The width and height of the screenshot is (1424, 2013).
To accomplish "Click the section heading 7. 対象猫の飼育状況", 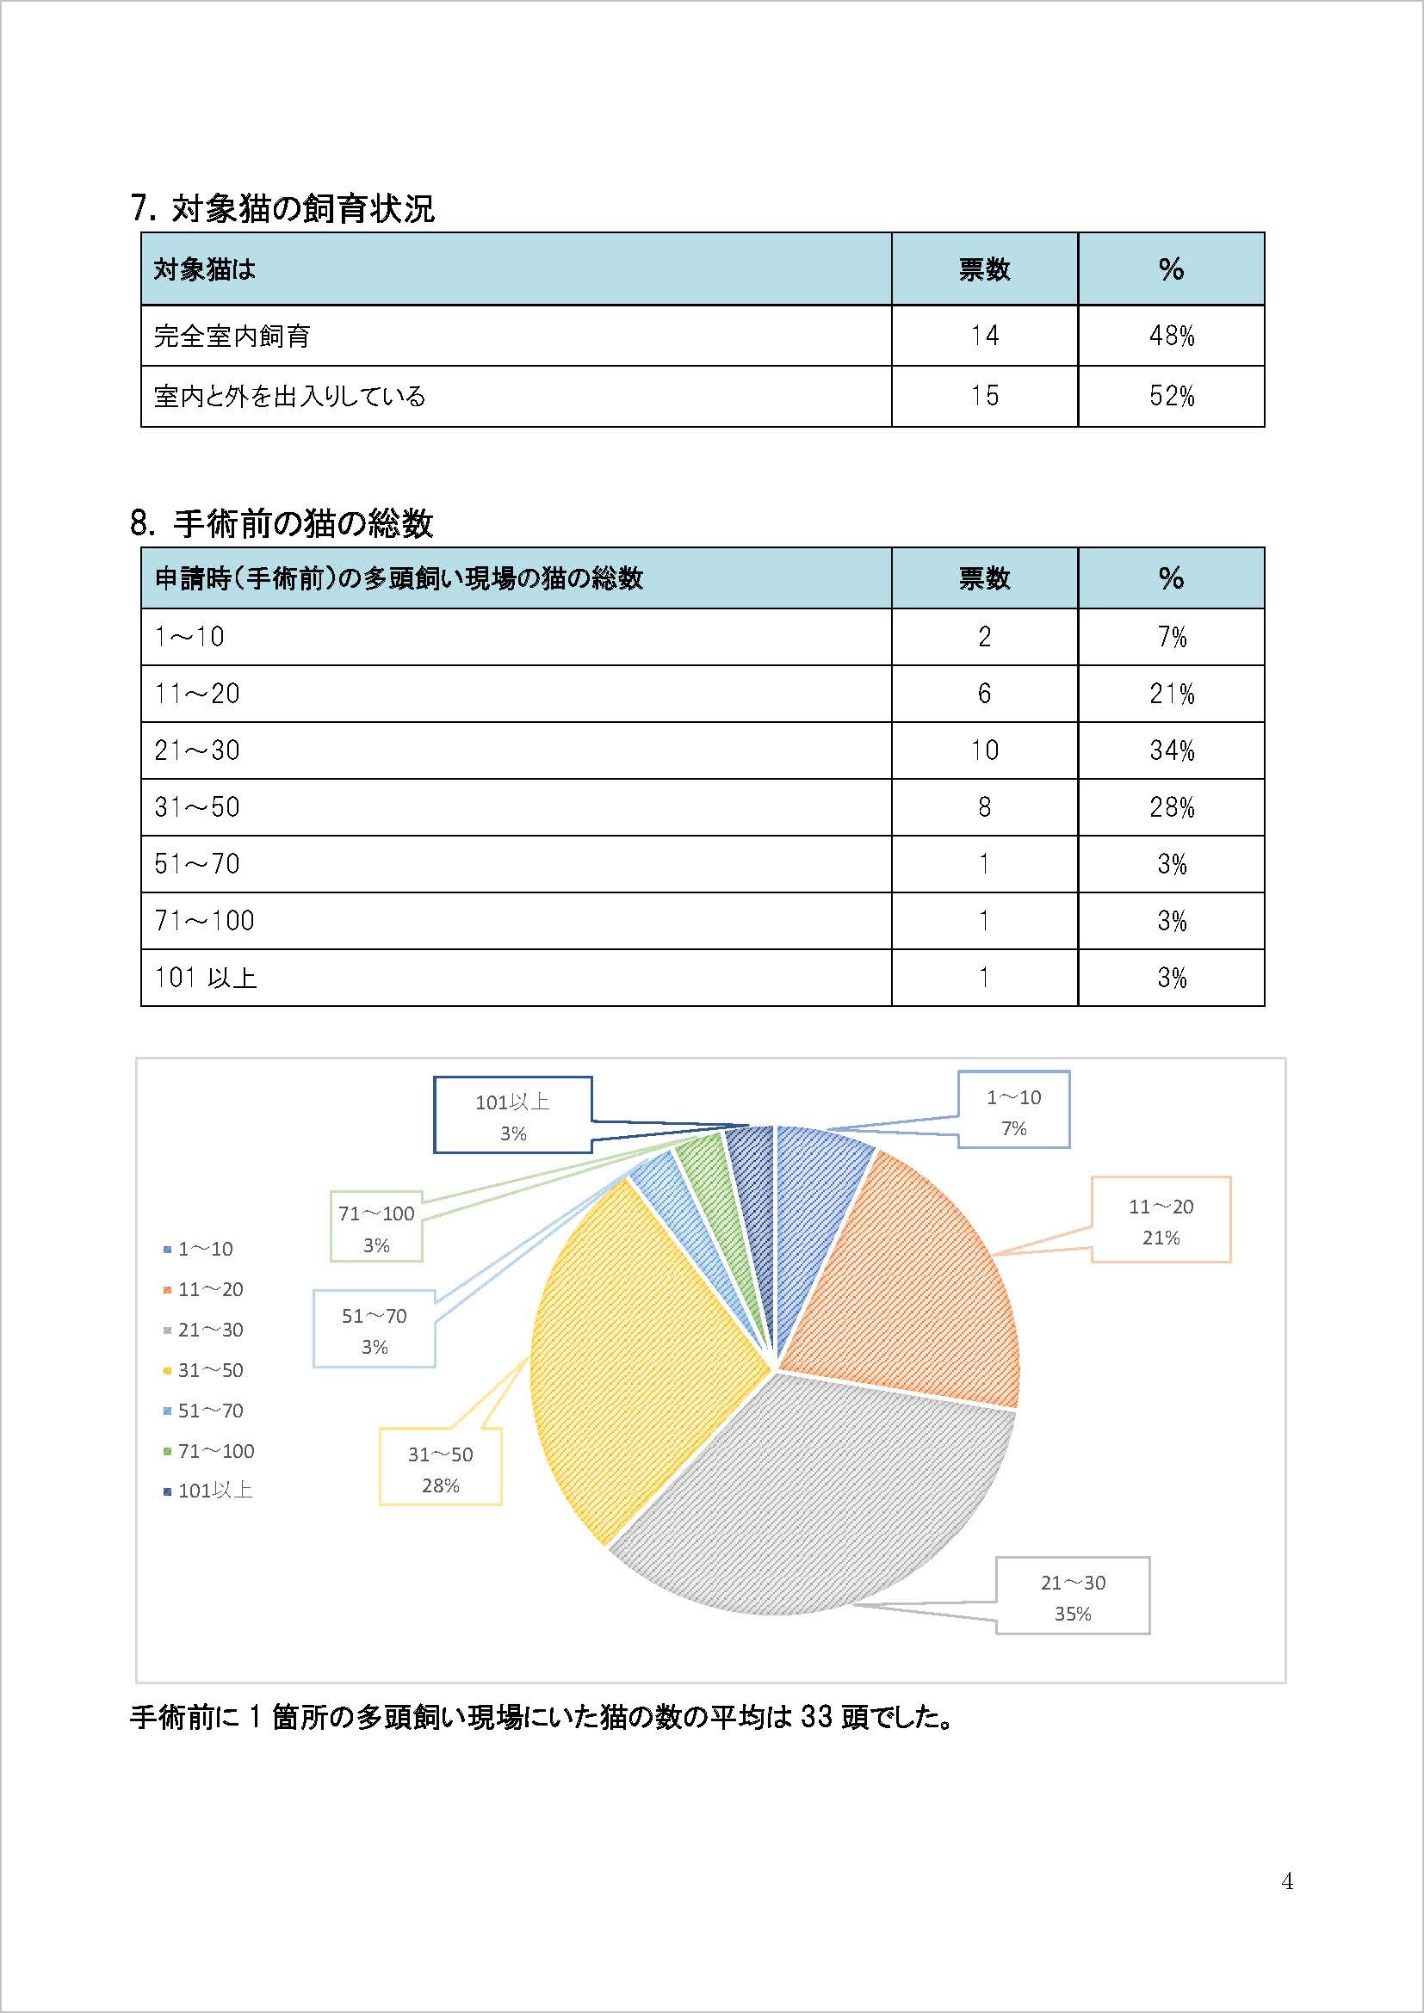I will pos(282,208).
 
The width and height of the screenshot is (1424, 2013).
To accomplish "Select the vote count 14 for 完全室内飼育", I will pos(984,336).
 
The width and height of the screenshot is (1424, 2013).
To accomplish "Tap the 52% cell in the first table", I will pos(1172,396).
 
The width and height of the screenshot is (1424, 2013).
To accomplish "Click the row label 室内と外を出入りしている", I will pos(289,396).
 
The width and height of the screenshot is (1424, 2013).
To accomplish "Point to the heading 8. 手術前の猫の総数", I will pos(282,523).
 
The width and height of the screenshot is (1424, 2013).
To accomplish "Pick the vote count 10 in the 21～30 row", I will pos(984,750).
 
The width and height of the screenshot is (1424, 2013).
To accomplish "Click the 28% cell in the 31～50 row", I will pos(1172,806).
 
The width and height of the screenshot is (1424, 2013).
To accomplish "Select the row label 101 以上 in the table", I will pos(206,977).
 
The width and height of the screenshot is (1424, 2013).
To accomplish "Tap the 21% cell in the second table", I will pos(1172,694).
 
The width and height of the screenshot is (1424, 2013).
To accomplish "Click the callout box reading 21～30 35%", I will pos(1073,1597).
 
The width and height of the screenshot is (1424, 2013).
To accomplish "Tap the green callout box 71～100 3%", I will pos(376,1228).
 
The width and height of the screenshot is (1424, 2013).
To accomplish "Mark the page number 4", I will pos(1287,1881).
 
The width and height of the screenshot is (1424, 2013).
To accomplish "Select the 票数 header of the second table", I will pos(984,578).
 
